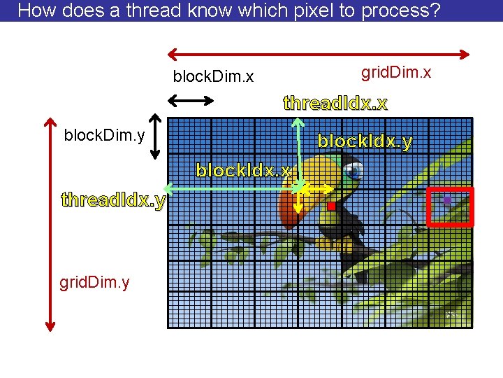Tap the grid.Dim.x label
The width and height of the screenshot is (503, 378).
(x=395, y=72)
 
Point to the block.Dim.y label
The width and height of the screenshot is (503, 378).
(x=104, y=134)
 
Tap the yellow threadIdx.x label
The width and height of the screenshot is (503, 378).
(x=335, y=104)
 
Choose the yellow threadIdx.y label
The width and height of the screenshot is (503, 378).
(x=113, y=200)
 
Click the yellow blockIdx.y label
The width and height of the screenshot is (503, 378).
(x=365, y=141)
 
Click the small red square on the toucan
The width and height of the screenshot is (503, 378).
(x=331, y=206)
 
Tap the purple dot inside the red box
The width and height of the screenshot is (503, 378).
(x=447, y=202)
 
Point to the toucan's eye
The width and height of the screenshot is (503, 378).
(x=356, y=169)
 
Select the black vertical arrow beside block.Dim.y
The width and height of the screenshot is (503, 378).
(x=156, y=134)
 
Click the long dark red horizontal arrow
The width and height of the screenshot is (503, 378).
(x=319, y=52)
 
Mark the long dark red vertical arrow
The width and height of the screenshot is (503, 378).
(x=50, y=223)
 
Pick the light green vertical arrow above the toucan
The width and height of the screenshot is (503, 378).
(x=299, y=150)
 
